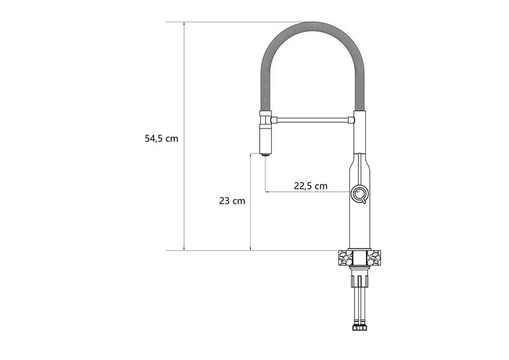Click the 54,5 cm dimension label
pos(162,139)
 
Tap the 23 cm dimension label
pos(232,201)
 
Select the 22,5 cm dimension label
pos(310,186)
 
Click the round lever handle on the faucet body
pos(359,195)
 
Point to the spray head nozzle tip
pos(266,155)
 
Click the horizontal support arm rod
pos(312,120)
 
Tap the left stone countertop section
pos(345,258)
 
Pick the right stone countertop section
pos(374,258)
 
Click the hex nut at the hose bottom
pos(359,327)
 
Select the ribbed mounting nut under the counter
pos(359,280)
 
